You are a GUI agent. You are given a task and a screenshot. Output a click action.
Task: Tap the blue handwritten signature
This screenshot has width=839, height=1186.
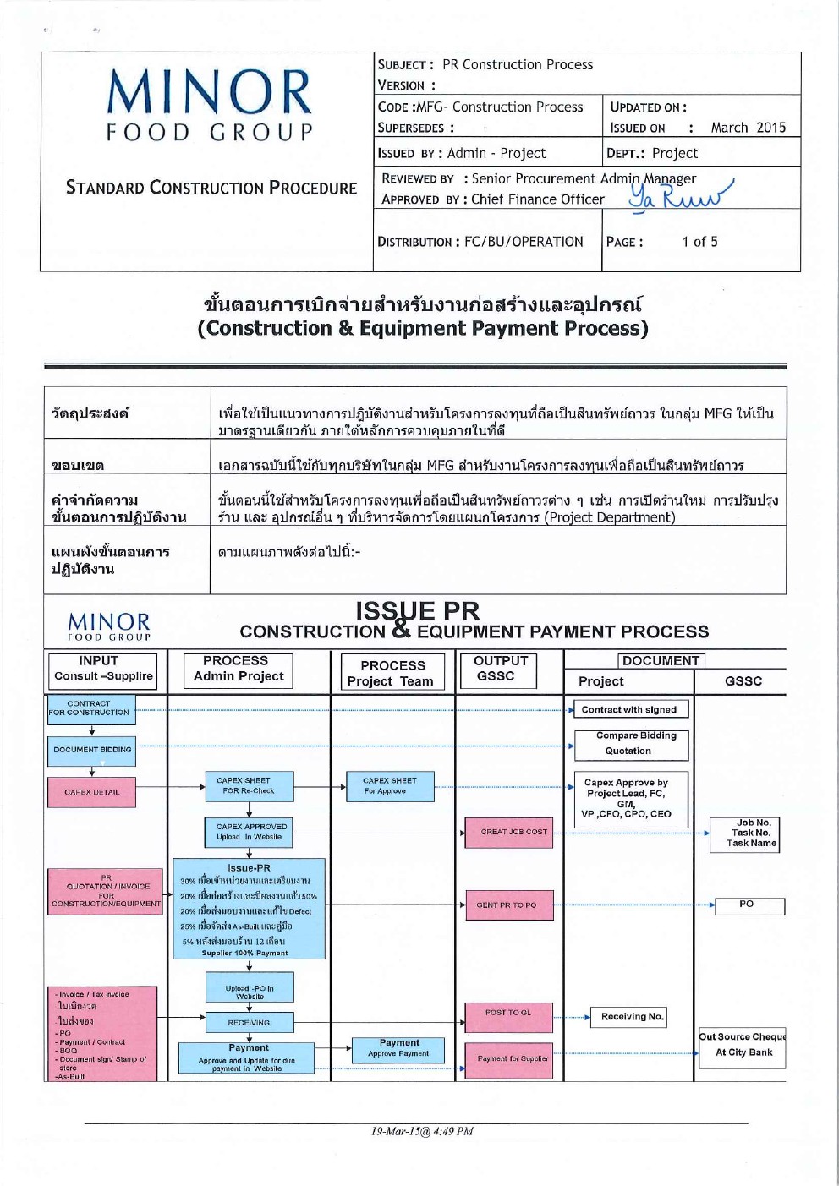tap(677, 195)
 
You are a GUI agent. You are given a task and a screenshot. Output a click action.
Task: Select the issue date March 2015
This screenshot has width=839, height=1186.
tap(748, 128)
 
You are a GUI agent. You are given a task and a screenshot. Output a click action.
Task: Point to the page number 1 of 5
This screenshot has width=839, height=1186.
tap(699, 242)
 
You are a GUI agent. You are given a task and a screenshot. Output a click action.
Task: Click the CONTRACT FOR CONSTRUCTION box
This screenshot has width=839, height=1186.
tap(89, 708)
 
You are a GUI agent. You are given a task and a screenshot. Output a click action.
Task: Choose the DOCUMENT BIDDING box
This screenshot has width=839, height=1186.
tap(91, 750)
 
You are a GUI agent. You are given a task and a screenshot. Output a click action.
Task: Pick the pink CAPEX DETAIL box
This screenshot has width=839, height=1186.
tap(91, 792)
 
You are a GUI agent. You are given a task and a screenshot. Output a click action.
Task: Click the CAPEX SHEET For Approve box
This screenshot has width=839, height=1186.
tap(389, 786)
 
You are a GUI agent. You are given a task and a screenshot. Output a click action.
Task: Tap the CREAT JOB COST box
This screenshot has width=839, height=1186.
tap(508, 832)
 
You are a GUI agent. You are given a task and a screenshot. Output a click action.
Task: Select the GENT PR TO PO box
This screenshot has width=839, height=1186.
tap(508, 905)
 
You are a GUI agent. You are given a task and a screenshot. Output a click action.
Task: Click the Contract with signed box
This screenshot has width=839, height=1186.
tap(629, 710)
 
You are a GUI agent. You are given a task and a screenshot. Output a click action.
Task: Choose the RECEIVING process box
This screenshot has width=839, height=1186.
tap(249, 1023)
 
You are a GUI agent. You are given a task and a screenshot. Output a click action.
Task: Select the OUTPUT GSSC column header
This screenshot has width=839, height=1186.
tap(500, 669)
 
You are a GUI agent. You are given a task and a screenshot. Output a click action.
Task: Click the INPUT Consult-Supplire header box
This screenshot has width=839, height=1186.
tap(102, 669)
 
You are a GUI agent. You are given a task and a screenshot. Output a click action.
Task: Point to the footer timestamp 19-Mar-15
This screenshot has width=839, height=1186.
tap(421, 1131)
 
